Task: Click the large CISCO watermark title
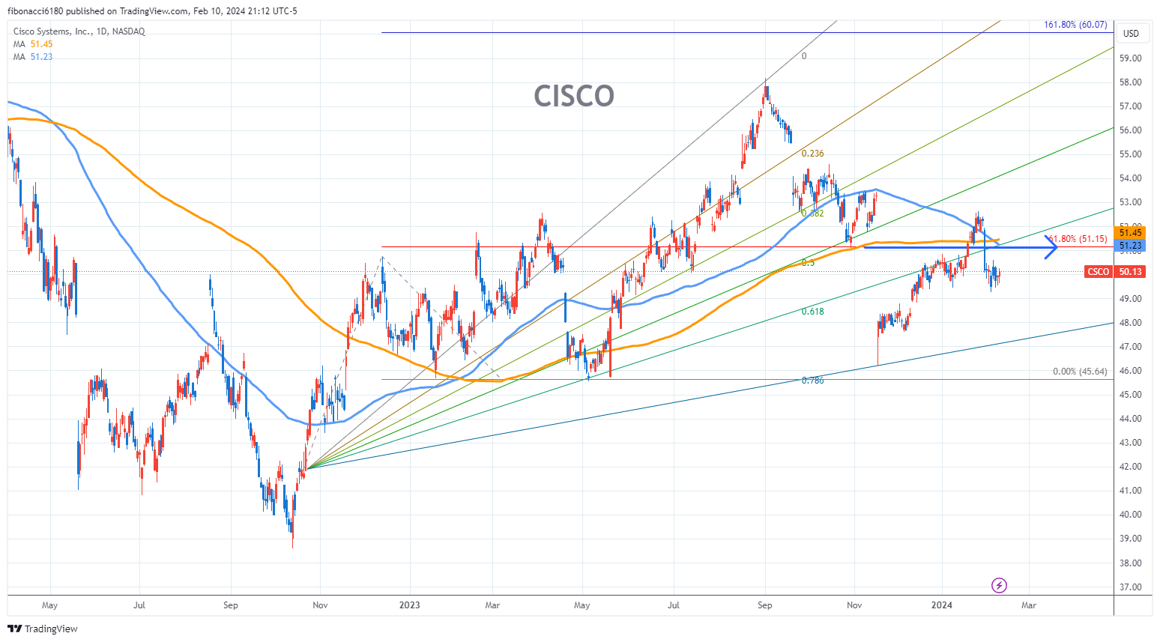573,96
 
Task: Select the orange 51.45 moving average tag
1130,233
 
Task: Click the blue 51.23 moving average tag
1130,246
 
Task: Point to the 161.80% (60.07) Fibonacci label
1075,25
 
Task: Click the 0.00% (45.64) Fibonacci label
1079,372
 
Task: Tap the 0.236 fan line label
812,154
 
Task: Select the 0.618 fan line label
812,312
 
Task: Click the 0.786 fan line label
812,381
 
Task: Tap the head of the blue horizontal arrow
1052,247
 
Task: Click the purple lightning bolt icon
999,585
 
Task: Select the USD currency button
1131,34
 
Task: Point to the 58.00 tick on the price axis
1130,82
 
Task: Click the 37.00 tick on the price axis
1130,587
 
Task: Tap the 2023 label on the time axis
409,605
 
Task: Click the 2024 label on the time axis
941,605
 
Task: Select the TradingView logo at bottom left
43,629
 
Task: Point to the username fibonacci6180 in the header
36,11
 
